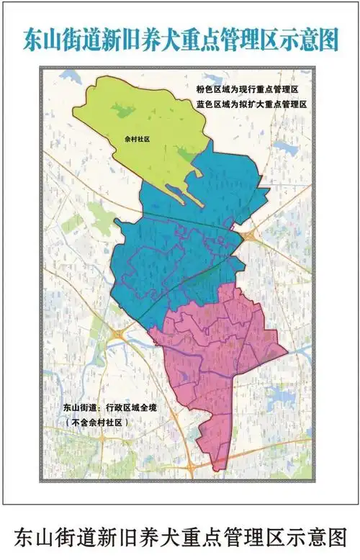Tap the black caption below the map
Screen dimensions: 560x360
(x=180, y=536)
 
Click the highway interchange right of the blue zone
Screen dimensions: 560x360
(x=251, y=233)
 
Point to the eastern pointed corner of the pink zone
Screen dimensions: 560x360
(x=286, y=352)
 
